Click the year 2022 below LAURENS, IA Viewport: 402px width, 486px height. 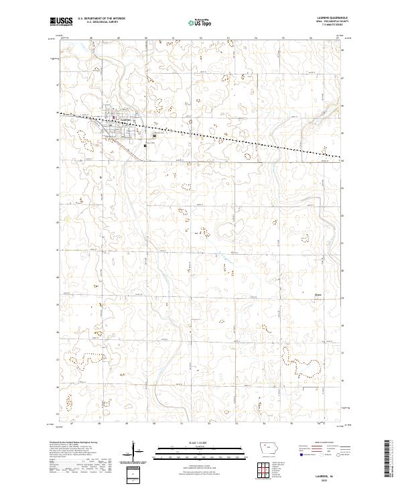click(x=326, y=479)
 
